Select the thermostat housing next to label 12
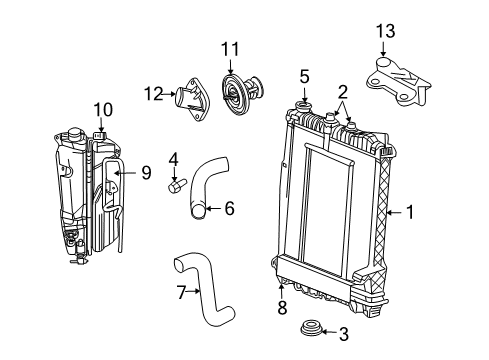pyautogui.click(x=190, y=97)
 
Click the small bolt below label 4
pyautogui.click(x=176, y=185)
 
